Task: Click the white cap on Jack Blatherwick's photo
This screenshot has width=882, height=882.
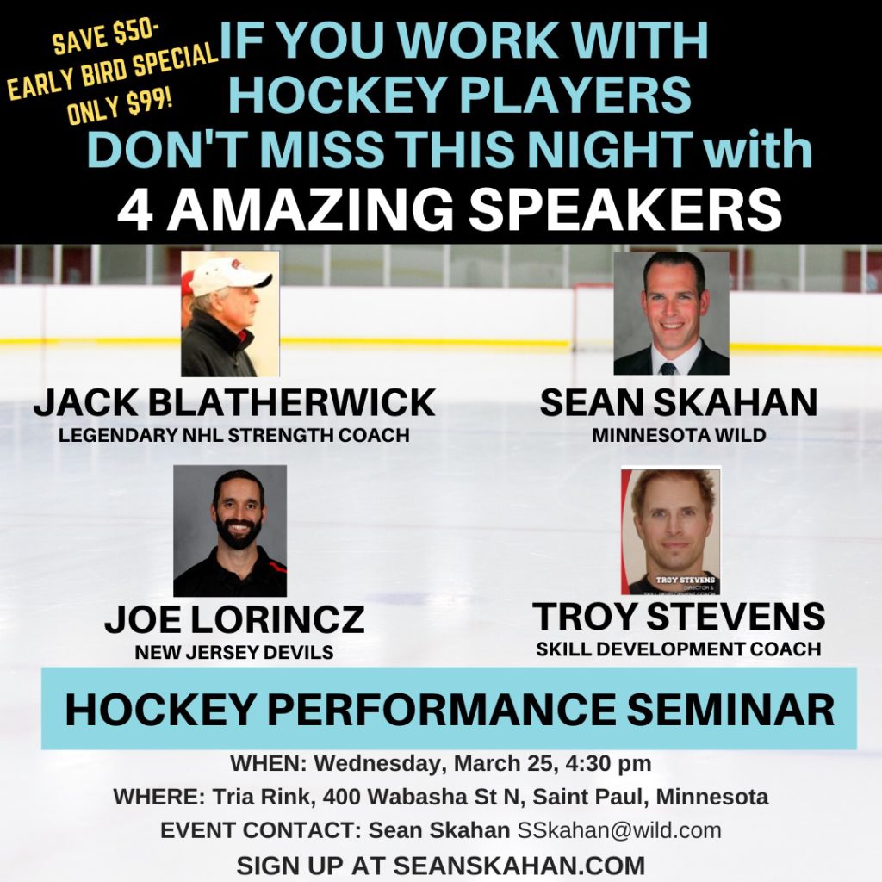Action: pyautogui.click(x=227, y=277)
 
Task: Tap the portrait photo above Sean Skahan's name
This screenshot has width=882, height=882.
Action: pyautogui.click(x=671, y=314)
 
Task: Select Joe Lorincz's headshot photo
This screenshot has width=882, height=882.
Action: pyautogui.click(x=229, y=531)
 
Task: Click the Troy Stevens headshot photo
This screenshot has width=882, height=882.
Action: pyautogui.click(x=670, y=531)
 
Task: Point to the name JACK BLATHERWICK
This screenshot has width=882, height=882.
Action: pyautogui.click(x=234, y=403)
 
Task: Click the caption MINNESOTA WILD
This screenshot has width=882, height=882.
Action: pyautogui.click(x=679, y=435)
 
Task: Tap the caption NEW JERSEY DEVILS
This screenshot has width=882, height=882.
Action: pyautogui.click(x=234, y=652)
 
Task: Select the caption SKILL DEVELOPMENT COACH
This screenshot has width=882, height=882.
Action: pyautogui.click(x=679, y=649)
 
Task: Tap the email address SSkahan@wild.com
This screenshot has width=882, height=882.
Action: pyautogui.click(x=619, y=830)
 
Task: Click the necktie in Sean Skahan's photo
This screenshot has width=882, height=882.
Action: pyautogui.click(x=668, y=369)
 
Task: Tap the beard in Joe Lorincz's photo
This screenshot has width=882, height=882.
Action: pyautogui.click(x=239, y=532)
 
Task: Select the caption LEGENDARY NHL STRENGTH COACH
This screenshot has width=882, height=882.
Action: pyautogui.click(x=234, y=435)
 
